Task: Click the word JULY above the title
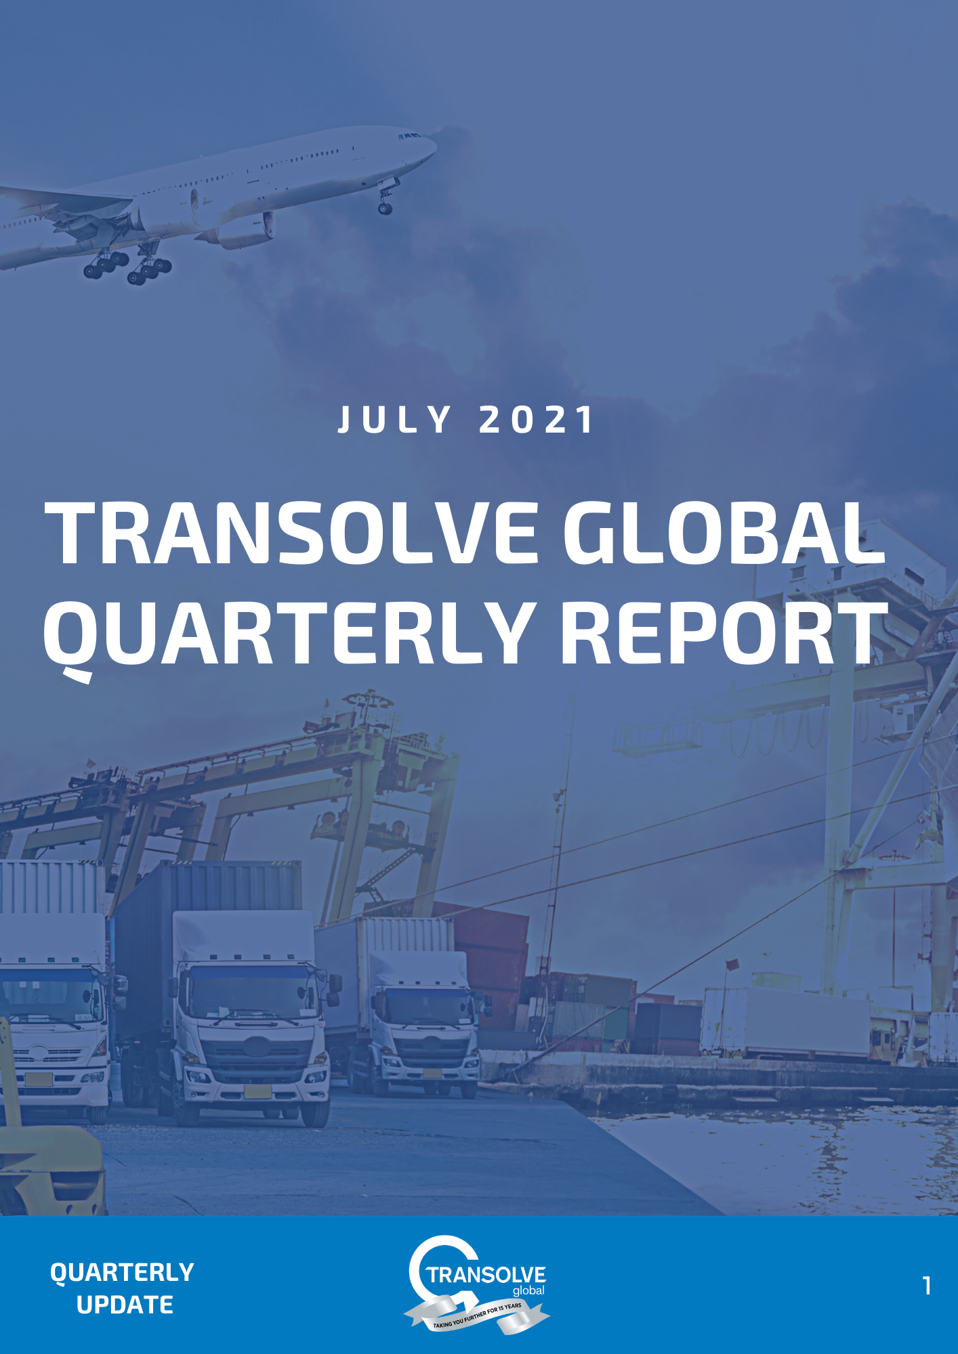394,420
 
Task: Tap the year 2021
536,420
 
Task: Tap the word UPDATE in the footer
125,1305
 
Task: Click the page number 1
927,1286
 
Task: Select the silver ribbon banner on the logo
478,1316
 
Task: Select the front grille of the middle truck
257,1053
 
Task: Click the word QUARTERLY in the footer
122,1272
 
